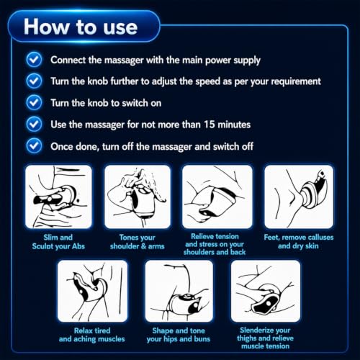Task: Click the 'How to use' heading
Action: point(81,27)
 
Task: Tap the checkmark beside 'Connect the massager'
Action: point(34,59)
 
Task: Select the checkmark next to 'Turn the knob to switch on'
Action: point(34,102)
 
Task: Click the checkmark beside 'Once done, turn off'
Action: point(34,145)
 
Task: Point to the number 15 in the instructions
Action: point(210,125)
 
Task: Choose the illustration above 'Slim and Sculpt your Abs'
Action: point(58,197)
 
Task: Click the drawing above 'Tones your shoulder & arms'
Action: point(138,197)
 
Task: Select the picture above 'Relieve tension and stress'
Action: point(217,197)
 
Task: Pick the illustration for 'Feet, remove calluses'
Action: point(299,197)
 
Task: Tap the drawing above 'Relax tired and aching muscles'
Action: point(92,291)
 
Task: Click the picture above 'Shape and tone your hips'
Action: point(179,291)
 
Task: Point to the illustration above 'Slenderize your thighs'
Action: point(266,291)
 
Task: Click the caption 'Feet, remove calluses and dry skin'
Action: point(299,241)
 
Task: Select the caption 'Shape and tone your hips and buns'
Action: point(179,335)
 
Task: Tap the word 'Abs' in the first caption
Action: point(78,246)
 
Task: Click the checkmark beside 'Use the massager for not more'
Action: point(34,124)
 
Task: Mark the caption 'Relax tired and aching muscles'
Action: point(92,335)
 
